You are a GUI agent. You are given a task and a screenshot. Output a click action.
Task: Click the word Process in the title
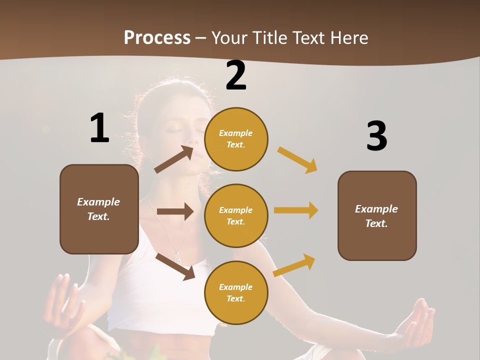[157, 37]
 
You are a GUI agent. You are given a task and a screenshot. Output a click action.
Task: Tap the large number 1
[99, 128]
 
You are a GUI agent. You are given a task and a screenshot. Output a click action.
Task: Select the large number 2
[236, 75]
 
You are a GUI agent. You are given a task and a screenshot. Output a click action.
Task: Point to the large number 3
[376, 136]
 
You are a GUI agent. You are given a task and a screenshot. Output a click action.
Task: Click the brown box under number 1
[99, 209]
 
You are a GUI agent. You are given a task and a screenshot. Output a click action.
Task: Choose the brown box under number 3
[377, 215]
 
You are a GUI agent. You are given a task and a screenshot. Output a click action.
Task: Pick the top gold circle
[236, 139]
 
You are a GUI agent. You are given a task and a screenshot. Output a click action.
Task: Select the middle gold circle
[236, 215]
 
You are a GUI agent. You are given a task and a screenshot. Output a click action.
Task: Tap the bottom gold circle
[236, 292]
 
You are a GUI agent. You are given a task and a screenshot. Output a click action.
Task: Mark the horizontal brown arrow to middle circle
[175, 211]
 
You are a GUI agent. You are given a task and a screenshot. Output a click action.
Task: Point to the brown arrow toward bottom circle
[175, 266]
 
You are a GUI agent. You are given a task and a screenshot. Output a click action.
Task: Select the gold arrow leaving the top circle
[297, 159]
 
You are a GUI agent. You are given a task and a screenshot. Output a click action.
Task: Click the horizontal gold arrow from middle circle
[296, 210]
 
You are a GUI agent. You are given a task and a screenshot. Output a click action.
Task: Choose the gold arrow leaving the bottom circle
[294, 265]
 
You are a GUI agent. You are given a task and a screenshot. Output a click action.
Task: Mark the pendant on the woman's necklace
[176, 256]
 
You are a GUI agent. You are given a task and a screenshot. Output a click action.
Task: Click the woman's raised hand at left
[62, 300]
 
